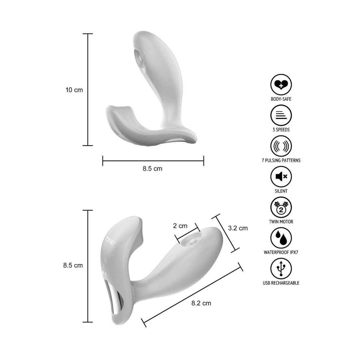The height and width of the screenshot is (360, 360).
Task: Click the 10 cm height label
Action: click(74, 90)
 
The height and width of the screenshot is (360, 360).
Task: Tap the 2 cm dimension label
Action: click(180, 226)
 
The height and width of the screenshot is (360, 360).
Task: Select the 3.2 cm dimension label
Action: click(238, 228)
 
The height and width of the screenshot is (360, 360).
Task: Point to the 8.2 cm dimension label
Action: click(201, 303)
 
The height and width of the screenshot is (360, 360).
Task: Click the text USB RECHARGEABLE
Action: click(281, 283)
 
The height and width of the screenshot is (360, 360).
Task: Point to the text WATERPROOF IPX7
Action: click(281, 252)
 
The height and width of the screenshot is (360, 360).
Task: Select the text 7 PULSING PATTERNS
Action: click(281, 160)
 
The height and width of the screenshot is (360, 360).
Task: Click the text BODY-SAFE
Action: click(281, 99)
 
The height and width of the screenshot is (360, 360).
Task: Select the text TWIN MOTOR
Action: click(281, 222)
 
